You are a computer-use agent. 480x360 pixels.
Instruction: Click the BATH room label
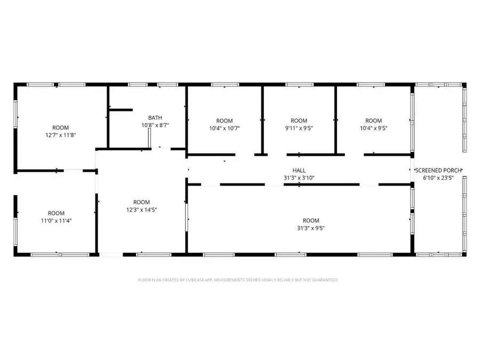coord(155,118)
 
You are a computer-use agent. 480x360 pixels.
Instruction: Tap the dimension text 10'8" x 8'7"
coord(155,125)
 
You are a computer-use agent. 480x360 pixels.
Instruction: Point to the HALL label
coord(299,171)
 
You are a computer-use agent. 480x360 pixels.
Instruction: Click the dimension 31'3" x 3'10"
coord(299,178)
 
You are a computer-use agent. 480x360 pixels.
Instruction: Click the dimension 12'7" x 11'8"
coord(60,135)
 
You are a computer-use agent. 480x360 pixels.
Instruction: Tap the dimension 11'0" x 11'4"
coord(56,220)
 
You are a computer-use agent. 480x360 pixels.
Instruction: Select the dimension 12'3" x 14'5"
coord(141,210)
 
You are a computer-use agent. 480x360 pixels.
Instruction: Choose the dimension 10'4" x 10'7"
coord(224,128)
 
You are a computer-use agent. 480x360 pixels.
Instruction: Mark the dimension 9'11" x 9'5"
coord(299,128)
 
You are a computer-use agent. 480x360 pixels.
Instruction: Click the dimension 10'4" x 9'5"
coord(373,128)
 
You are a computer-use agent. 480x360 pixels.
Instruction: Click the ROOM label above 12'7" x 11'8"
coord(60,127)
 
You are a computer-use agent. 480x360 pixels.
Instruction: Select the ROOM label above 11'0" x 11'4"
coord(56,213)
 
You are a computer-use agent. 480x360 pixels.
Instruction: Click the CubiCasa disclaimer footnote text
coord(238,279)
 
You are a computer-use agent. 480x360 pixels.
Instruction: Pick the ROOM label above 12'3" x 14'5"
coord(141,202)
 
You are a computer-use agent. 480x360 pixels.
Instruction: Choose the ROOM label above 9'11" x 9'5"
coord(299,121)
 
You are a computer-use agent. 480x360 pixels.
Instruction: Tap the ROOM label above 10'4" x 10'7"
coord(224,121)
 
